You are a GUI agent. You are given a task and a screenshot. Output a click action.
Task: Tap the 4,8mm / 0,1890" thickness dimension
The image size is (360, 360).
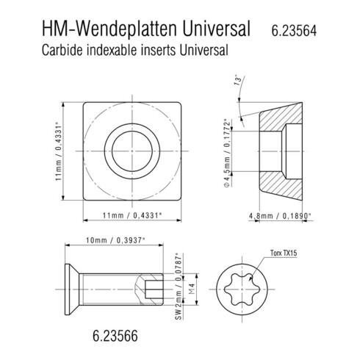click(281, 216)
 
